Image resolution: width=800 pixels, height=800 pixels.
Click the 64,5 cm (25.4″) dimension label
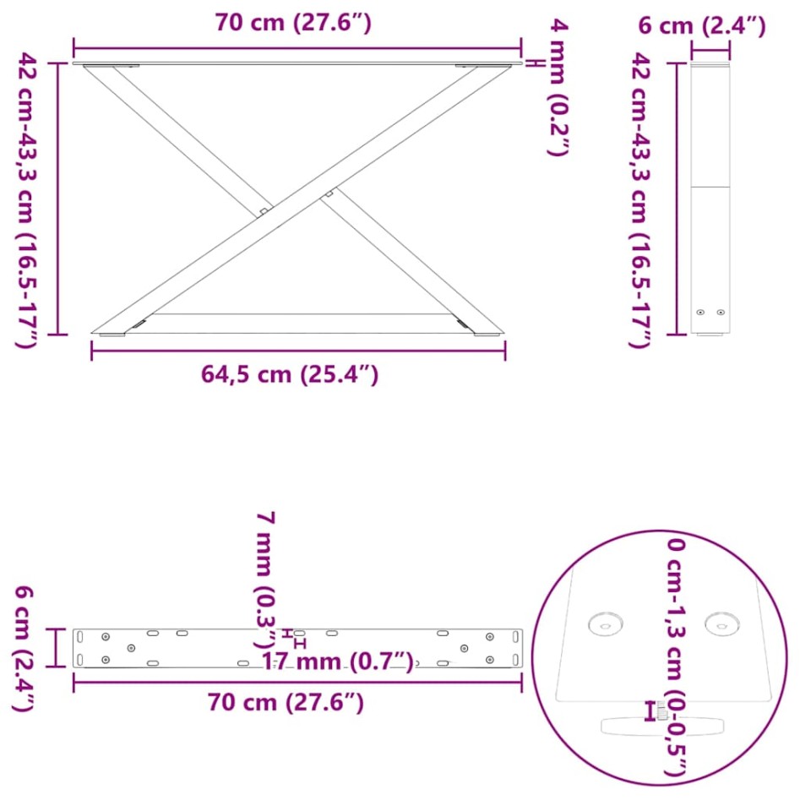pyautogui.click(x=289, y=374)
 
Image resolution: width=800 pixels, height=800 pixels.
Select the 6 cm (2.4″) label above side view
pyautogui.click(x=701, y=26)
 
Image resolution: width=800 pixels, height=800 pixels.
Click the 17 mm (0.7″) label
pyautogui.click(x=337, y=660)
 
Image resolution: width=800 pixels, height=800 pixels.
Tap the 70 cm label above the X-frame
pyautogui.click(x=292, y=23)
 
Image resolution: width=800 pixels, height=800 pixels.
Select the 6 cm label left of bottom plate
pyautogui.click(x=24, y=649)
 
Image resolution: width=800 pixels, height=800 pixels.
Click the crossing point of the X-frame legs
pyautogui.click(x=293, y=199)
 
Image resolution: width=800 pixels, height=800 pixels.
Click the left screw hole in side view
pyautogui.click(x=699, y=312)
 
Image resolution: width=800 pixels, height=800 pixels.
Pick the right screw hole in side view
pyautogui.click(x=721, y=312)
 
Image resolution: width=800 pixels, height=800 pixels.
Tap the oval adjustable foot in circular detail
pyautogui.click(x=663, y=726)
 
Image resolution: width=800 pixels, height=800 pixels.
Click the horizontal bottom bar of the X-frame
pyautogui.click(x=296, y=314)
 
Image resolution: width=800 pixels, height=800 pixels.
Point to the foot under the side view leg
pyautogui.click(x=710, y=335)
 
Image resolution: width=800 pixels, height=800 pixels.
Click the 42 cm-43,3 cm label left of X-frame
pyautogui.click(x=27, y=199)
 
